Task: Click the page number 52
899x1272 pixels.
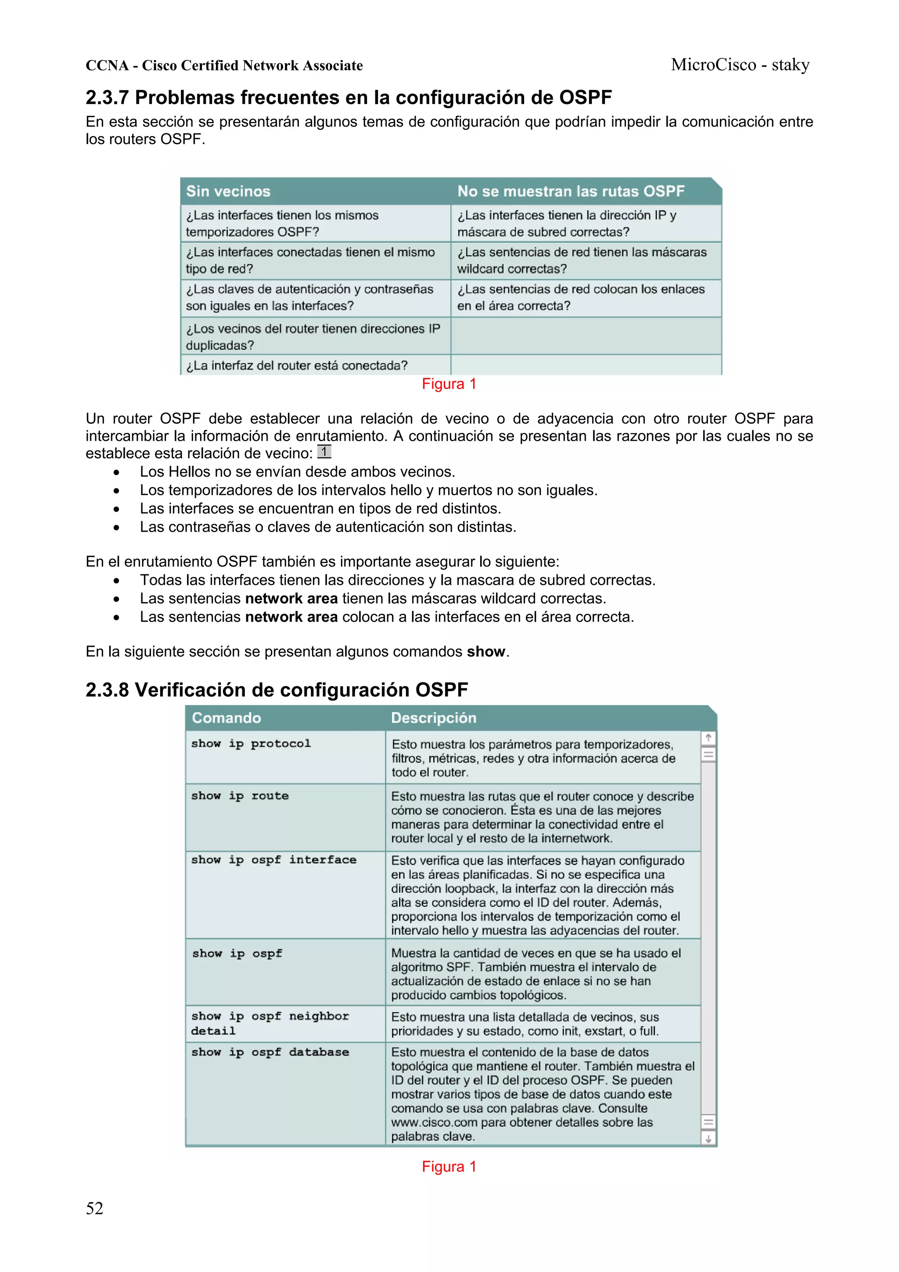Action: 94,1208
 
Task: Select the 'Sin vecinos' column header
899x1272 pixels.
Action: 228,191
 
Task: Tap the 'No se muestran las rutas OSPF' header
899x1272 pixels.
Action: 571,191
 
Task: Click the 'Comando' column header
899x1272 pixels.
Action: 226,717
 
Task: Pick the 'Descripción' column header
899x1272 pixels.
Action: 433,717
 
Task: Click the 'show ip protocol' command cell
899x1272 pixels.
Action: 251,743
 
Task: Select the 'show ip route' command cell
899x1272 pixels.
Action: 240,796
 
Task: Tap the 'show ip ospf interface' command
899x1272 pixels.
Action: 273,860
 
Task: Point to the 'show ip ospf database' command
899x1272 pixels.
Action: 270,1052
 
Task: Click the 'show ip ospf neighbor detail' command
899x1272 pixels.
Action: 270,1023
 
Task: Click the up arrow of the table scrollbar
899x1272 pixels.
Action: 708,738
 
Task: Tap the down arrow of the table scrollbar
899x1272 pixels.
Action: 708,1139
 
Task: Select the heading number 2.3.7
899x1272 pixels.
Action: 107,97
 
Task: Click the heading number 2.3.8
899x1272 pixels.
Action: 107,690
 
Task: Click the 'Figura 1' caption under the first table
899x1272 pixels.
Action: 449,384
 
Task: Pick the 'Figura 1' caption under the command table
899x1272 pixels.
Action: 449,1166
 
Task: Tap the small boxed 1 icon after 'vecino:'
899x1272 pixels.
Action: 324,452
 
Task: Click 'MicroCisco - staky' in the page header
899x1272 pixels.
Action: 740,65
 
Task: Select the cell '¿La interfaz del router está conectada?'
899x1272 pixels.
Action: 297,366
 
